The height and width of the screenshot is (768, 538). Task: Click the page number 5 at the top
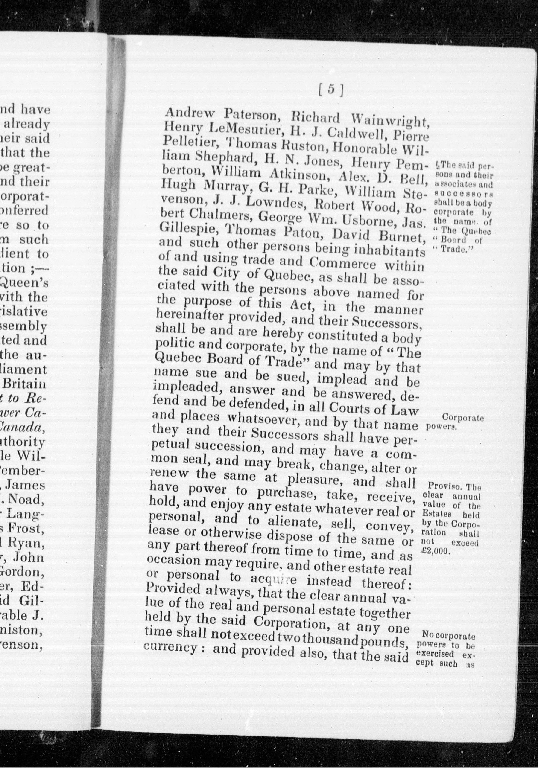pos(331,90)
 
